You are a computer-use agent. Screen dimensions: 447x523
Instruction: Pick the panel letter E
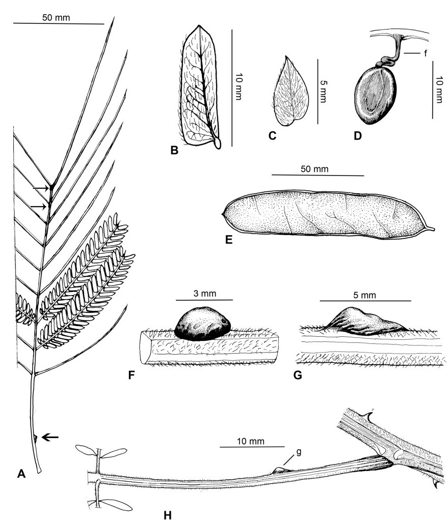pyautogui.click(x=229, y=238)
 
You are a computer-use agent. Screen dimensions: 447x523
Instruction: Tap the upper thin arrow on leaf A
pyautogui.click(x=41, y=188)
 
